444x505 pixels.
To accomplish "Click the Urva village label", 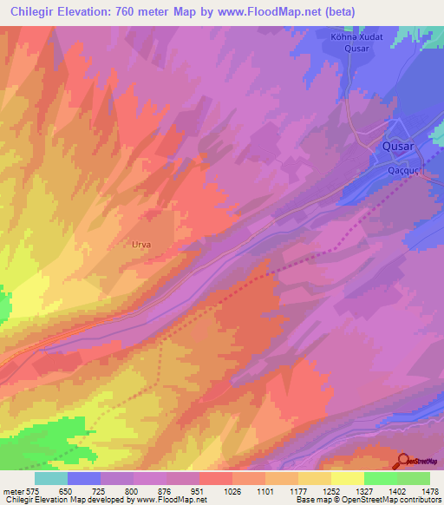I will pyautogui.click(x=140, y=245).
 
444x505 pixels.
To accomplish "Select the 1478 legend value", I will pyautogui.click(x=420, y=491).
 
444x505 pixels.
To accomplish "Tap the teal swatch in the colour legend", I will pyautogui.click(x=51, y=478).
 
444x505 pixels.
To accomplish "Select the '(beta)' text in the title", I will pyautogui.click(x=347, y=11).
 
